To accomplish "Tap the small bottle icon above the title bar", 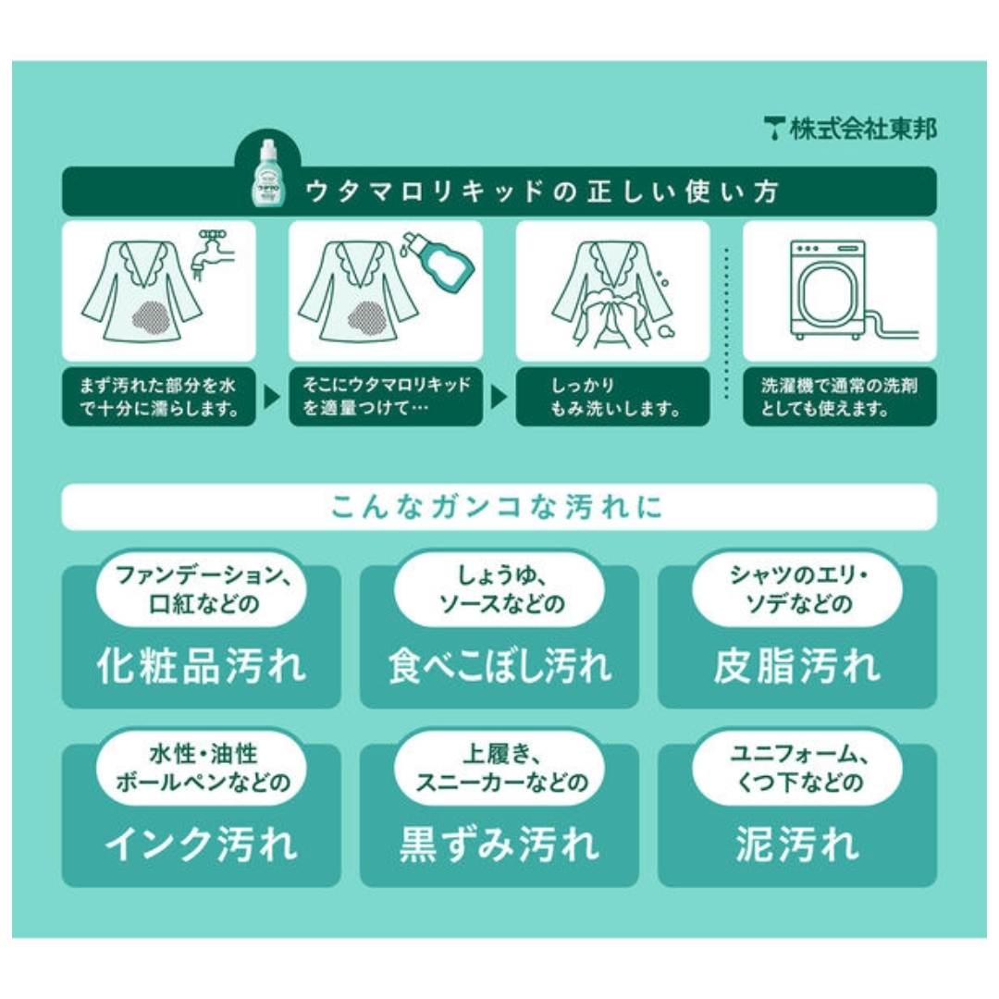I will (x=267, y=173).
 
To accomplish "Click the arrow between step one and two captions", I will (x=272, y=398).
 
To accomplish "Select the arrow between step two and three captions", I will (x=499, y=398).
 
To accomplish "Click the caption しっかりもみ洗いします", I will (x=612, y=397).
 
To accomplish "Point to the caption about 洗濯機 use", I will (x=839, y=397).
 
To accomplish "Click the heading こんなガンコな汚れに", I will (x=499, y=507).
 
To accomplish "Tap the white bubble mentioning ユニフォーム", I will (x=796, y=771).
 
